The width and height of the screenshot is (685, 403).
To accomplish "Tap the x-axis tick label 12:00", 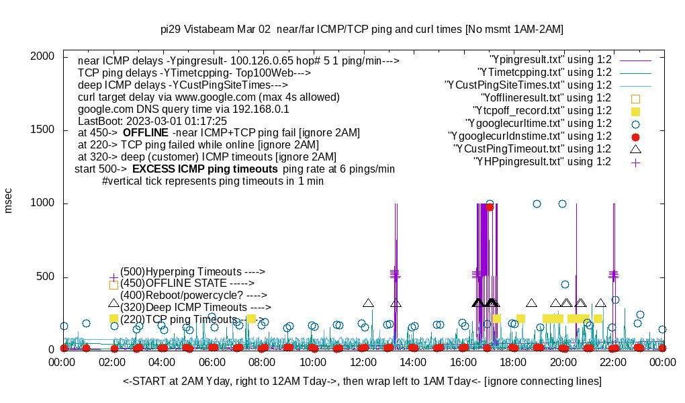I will click(363, 363).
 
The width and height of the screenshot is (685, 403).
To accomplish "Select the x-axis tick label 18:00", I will click(513, 363).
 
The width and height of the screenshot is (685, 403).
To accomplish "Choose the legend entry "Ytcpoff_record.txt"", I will click(542, 111).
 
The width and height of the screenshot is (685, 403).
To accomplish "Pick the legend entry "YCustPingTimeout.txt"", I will click(532, 149).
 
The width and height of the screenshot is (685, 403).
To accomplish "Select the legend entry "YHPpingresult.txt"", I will click(542, 162).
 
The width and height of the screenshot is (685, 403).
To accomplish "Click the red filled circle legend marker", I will click(635, 136).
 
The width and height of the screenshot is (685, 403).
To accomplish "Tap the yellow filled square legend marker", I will click(635, 111).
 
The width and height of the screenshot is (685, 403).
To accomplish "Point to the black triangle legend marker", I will click(635, 148).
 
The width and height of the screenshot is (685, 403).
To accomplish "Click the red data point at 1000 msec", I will click(490, 207).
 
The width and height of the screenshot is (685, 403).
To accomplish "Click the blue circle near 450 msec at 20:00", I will click(565, 284).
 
